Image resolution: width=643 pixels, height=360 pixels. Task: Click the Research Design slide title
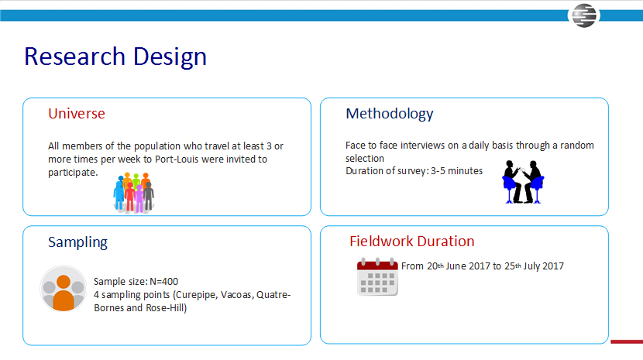115,57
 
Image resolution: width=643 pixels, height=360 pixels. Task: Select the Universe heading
77,114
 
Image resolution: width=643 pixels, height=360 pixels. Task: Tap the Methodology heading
389,114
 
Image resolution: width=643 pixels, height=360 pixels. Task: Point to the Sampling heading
77,242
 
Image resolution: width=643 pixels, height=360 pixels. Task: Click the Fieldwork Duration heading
411,241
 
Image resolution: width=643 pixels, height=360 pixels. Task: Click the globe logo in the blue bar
584,15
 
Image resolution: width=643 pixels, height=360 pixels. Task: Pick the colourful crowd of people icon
134,193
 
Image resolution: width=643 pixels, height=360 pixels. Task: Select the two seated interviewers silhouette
523,182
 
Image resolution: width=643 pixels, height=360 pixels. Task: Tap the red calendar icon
377,276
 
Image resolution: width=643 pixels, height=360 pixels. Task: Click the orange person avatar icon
64,289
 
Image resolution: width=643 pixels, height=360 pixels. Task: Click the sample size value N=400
163,282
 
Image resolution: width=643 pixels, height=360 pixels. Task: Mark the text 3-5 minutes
456,171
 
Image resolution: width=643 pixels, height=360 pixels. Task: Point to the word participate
72,173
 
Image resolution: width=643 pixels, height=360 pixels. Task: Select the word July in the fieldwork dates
531,266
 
